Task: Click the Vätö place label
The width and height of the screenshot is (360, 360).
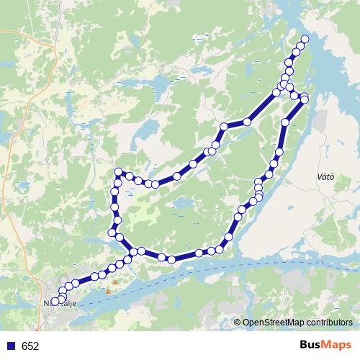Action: click(325, 176)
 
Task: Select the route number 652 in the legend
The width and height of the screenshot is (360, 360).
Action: click(30, 346)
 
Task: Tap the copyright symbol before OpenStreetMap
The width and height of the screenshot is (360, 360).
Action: click(237, 323)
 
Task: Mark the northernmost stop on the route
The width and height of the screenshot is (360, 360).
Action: click(305, 39)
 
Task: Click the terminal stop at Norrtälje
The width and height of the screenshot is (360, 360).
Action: click(55, 302)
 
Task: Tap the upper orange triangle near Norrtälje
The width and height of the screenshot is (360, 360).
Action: click(114, 282)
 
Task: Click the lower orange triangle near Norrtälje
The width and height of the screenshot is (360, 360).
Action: click(108, 291)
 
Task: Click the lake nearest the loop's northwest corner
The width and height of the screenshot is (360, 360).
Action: click(144, 133)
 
